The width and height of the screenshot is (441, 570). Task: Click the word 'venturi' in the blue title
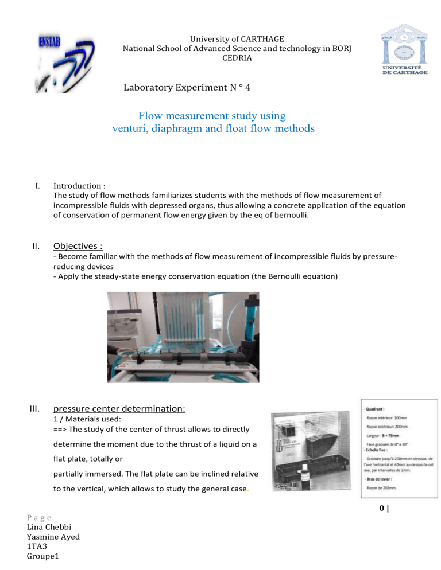pyautogui.click(x=133, y=128)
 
